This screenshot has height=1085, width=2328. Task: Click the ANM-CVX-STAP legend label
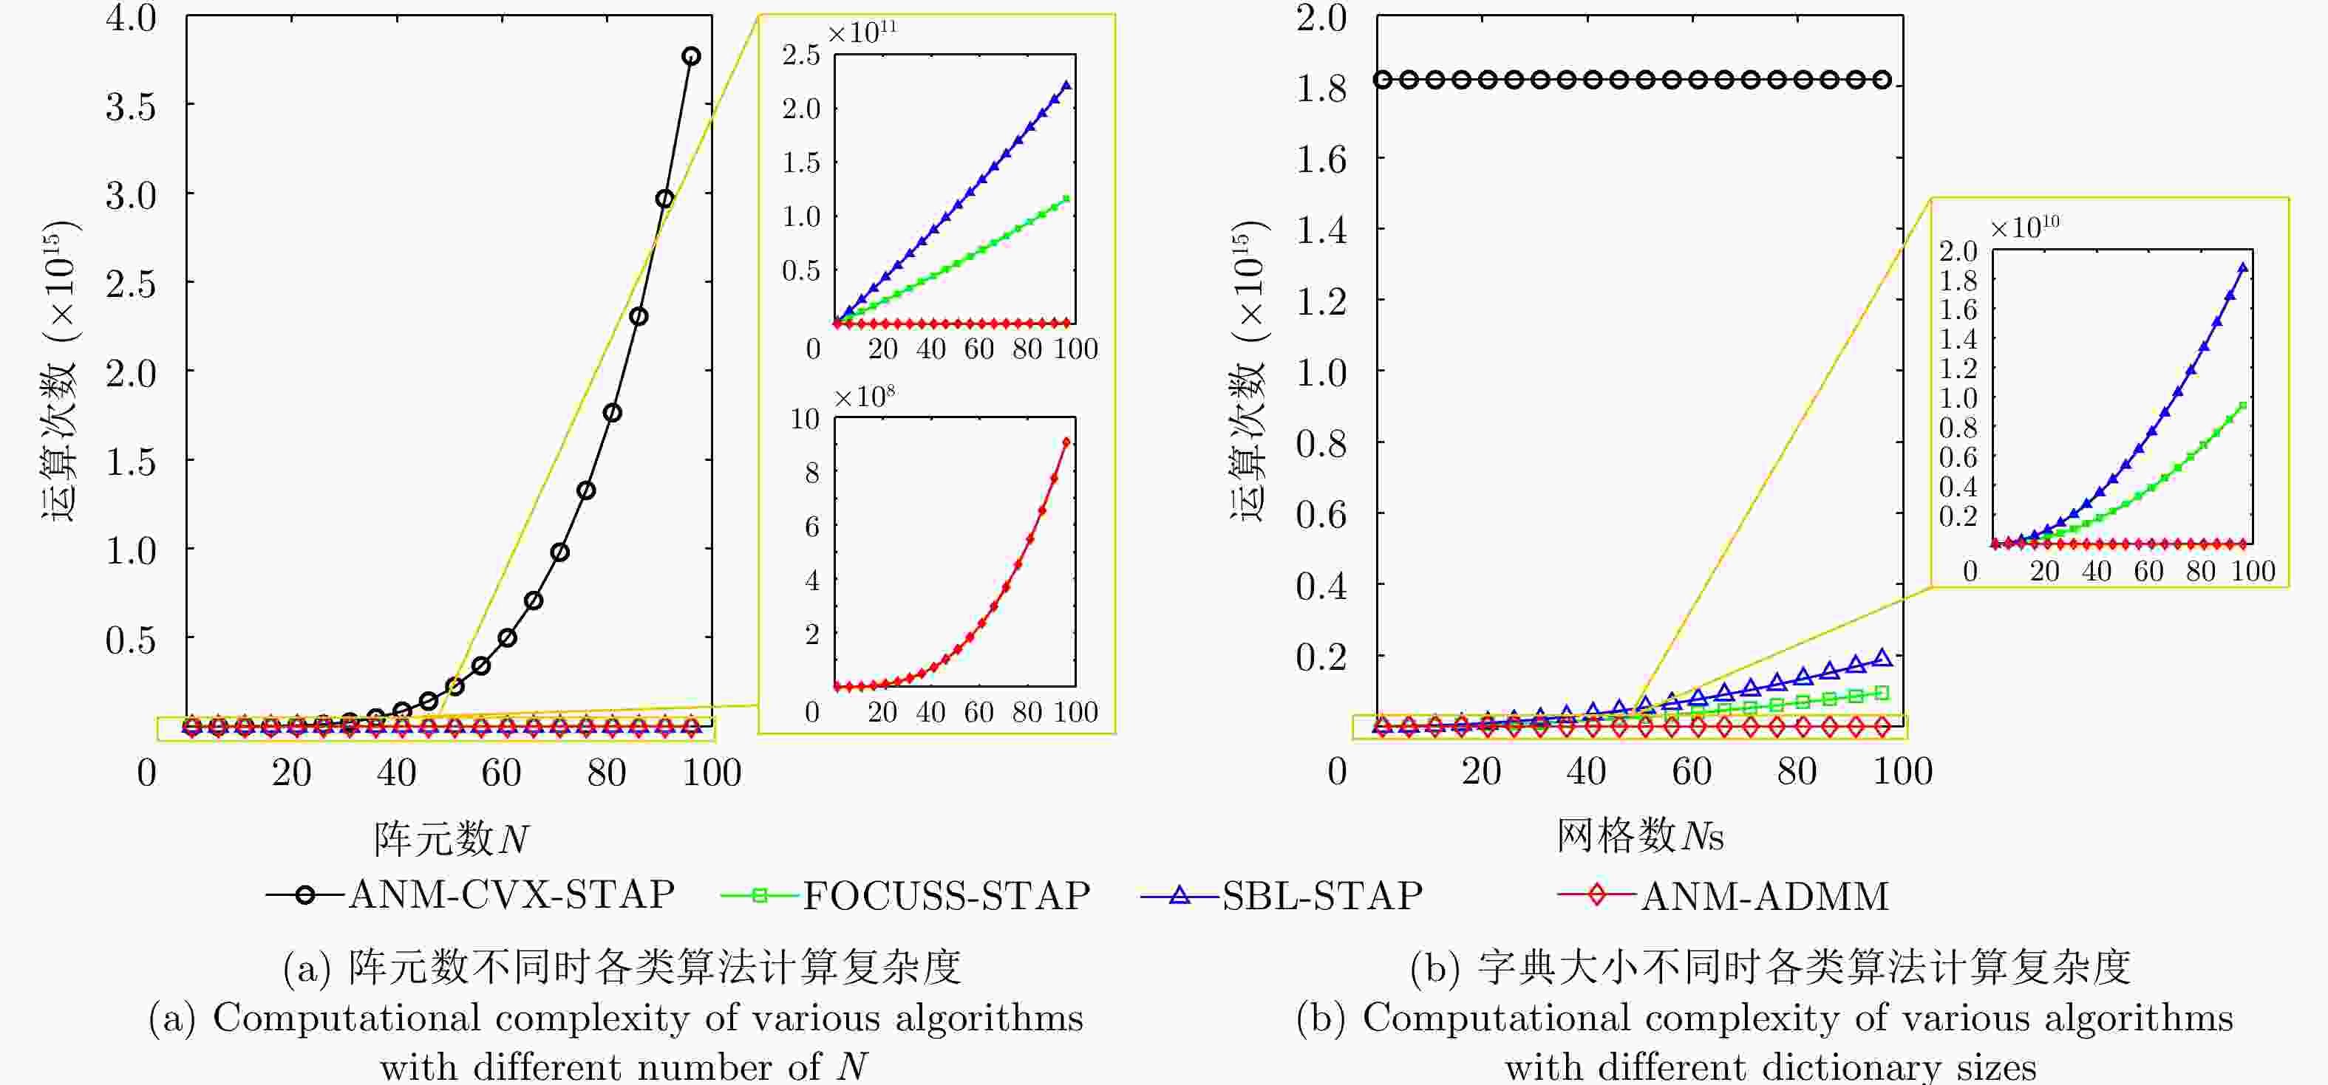click(x=511, y=894)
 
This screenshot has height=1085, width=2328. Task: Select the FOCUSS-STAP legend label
click(x=946, y=895)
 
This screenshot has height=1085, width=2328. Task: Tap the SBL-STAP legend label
click(x=1322, y=895)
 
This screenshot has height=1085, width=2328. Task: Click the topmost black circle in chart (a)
click(x=691, y=56)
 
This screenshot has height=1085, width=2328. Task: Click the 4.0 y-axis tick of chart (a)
click(x=131, y=17)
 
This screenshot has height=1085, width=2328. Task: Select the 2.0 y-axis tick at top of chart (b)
click(x=1321, y=17)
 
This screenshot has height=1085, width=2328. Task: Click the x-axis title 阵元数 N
click(x=451, y=838)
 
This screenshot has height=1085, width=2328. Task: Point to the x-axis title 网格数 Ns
click(x=1639, y=835)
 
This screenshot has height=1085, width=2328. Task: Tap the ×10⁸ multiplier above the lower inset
click(x=863, y=397)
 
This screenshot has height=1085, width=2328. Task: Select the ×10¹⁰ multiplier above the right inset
click(x=2024, y=226)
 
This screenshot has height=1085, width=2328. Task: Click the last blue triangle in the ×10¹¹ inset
click(x=1067, y=86)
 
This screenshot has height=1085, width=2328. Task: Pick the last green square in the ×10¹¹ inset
click(x=1066, y=199)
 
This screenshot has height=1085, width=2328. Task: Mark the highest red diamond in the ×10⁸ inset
click(x=1066, y=442)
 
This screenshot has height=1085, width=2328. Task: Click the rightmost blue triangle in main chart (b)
click(x=1882, y=657)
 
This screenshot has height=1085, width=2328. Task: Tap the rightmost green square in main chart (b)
click(x=1882, y=693)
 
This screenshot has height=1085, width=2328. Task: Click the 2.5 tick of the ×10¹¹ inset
click(x=800, y=55)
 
